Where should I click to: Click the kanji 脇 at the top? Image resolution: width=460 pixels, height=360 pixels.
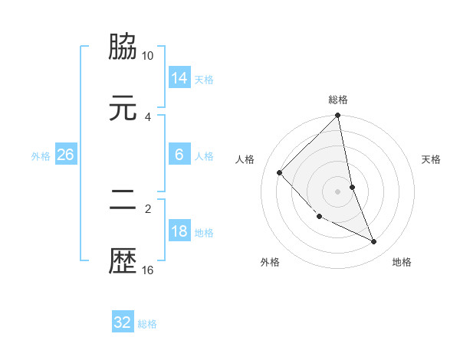tap(123, 47)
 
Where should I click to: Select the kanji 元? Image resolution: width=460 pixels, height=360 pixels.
tap(123, 108)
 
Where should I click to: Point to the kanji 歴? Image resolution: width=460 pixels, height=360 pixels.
tap(123, 260)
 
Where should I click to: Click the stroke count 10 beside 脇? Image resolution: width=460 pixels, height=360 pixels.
tap(148, 56)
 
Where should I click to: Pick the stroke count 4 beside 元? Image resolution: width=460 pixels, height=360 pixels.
tap(148, 116)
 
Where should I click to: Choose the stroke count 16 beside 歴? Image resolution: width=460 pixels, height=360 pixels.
tap(148, 270)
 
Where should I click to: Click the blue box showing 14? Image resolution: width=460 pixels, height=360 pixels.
tap(179, 78)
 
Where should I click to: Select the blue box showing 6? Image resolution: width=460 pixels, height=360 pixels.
tap(179, 155)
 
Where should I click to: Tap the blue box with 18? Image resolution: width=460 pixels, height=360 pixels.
tap(179, 231)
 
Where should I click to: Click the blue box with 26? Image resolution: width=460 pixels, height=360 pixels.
tap(65, 155)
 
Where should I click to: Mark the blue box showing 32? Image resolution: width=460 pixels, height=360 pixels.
tap(123, 322)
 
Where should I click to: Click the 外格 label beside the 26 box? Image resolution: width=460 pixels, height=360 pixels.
tap(41, 155)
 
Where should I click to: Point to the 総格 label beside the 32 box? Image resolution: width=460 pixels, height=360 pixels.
tap(147, 324)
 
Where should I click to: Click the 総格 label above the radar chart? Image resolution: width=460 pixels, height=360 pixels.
tap(338, 100)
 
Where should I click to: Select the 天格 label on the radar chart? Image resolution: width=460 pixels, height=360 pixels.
tap(432, 159)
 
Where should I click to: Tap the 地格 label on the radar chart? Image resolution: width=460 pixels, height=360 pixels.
tap(402, 262)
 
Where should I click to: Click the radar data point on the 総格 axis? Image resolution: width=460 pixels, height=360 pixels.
tap(338, 116)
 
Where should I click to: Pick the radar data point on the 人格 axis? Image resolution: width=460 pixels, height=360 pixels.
tap(280, 172)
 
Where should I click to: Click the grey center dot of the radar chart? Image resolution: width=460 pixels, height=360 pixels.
tap(338, 191)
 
